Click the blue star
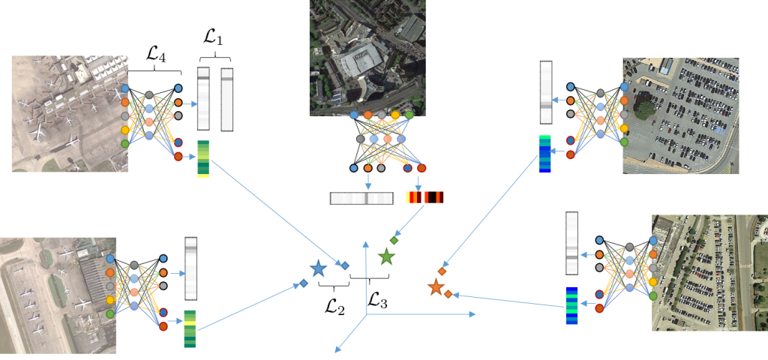pos(318,268)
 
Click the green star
pos(386,257)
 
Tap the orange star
pos(436,287)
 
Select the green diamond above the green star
pos(394,240)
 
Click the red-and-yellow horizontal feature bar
pos(424,197)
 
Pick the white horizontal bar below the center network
pos(361,198)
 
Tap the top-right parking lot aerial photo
pos(681,116)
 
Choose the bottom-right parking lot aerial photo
pos(709,273)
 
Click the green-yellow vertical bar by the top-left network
pos(203,159)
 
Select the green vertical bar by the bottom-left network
pos(190,328)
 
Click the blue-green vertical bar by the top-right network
pos(545,154)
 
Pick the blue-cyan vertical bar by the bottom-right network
pos(571,305)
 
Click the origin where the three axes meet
pos(366,314)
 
